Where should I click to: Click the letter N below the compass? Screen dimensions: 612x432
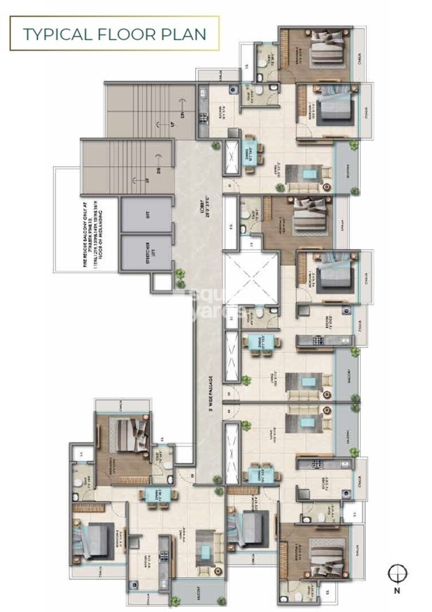pos(396,591)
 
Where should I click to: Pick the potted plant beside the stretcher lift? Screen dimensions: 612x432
pos(181,278)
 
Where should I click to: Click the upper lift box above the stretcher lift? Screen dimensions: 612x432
pos(146,214)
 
